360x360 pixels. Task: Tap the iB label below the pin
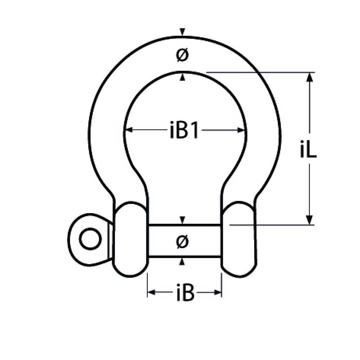coord(185,293)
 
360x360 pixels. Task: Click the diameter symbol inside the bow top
coord(183,55)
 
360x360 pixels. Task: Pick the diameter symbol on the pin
coord(183,241)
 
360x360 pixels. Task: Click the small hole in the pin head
coord(88,239)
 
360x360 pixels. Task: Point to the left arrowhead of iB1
coord(128,130)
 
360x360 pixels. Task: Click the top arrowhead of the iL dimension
coord(309,77)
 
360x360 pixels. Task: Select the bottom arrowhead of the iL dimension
coord(309,220)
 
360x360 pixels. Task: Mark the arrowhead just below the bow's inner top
coord(183,77)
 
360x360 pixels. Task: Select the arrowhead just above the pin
coord(183,220)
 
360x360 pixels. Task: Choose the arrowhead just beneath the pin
coord(183,262)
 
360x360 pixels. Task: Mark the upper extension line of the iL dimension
coord(259,72)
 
